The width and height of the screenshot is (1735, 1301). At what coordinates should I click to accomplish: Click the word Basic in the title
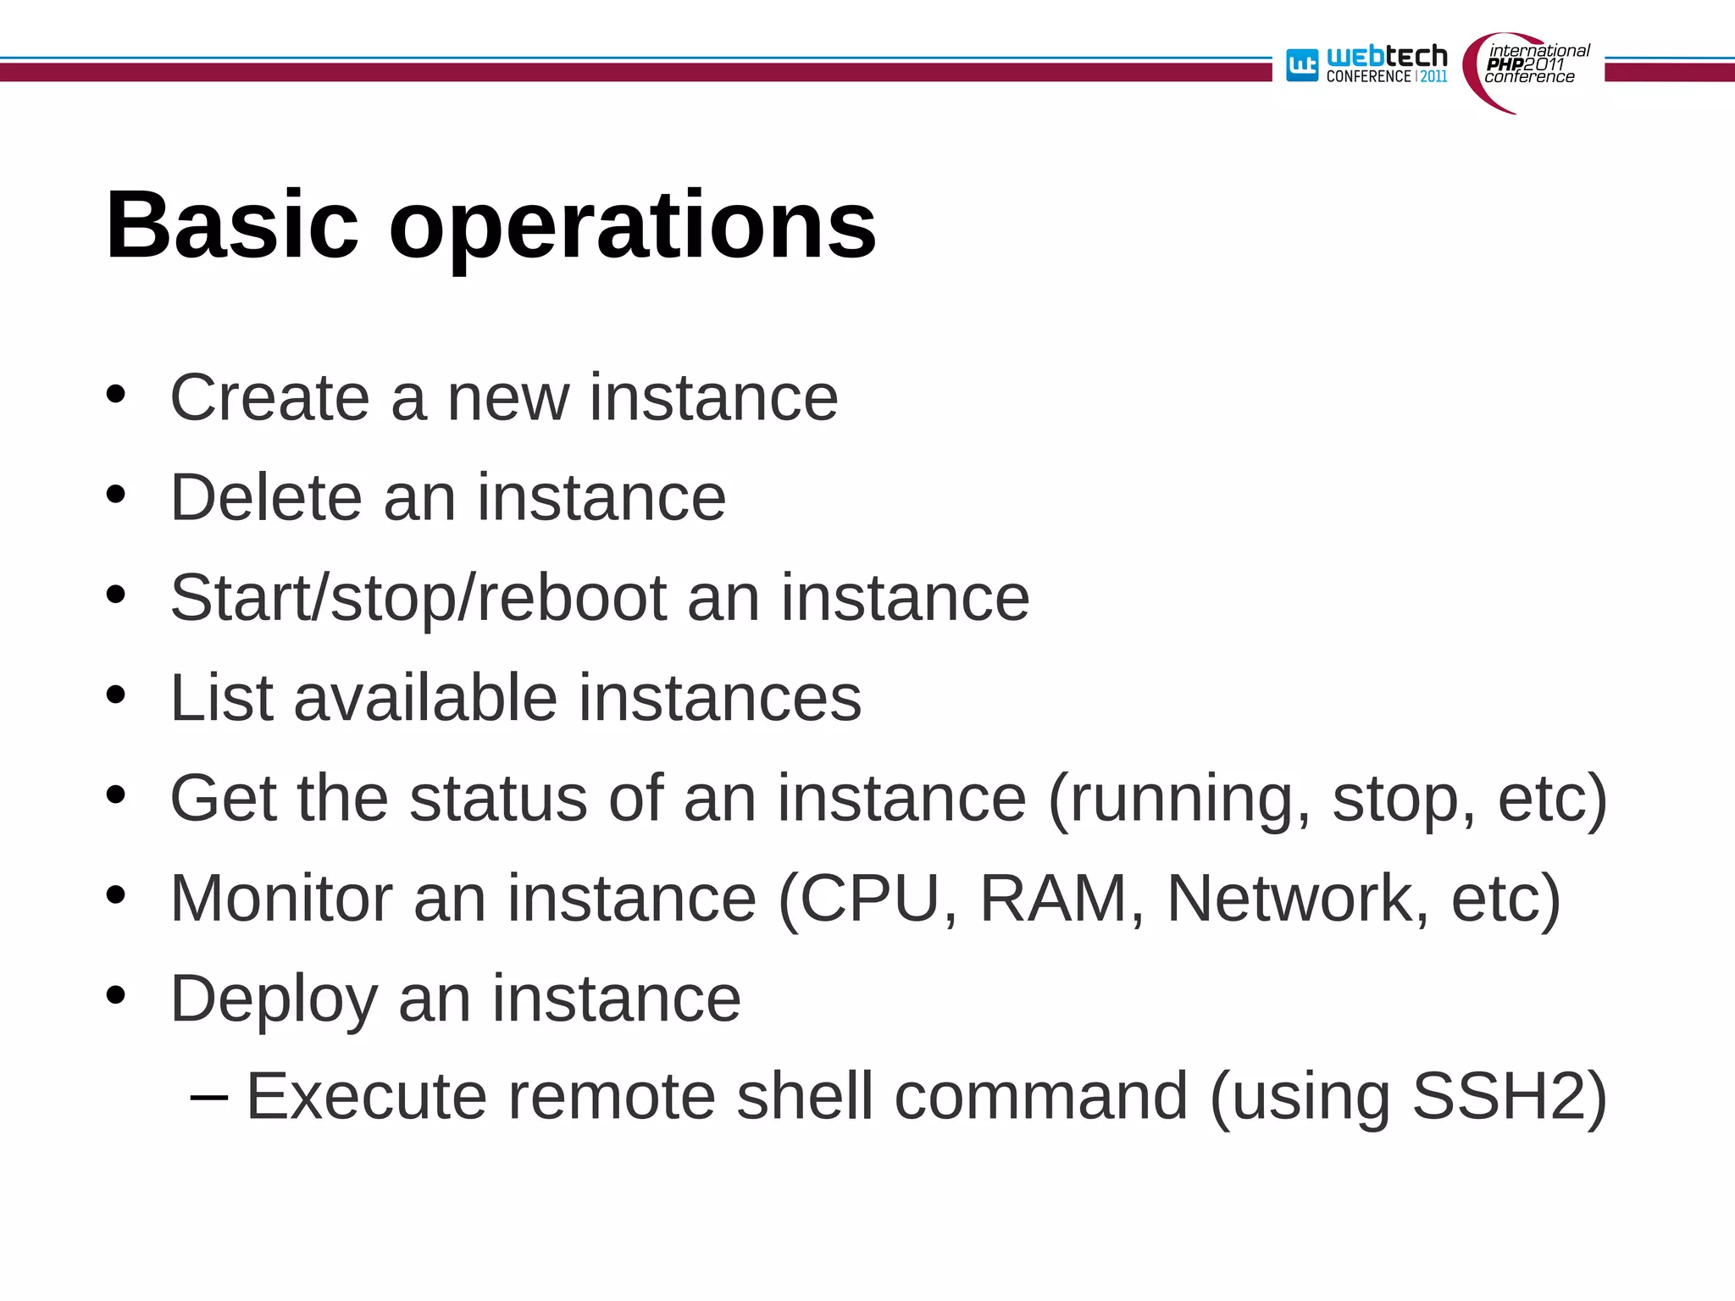coord(232,225)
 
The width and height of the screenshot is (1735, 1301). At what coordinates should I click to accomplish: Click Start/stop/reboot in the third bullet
coord(418,599)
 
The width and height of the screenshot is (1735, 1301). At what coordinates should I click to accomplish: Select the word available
coord(425,698)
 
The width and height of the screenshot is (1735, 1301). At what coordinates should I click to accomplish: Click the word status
coord(498,798)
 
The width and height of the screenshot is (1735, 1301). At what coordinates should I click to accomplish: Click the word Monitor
coord(281,898)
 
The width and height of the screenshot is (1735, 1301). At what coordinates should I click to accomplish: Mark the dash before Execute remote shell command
coord(209,1098)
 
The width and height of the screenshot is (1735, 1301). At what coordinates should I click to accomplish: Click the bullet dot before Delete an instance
coord(116,495)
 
